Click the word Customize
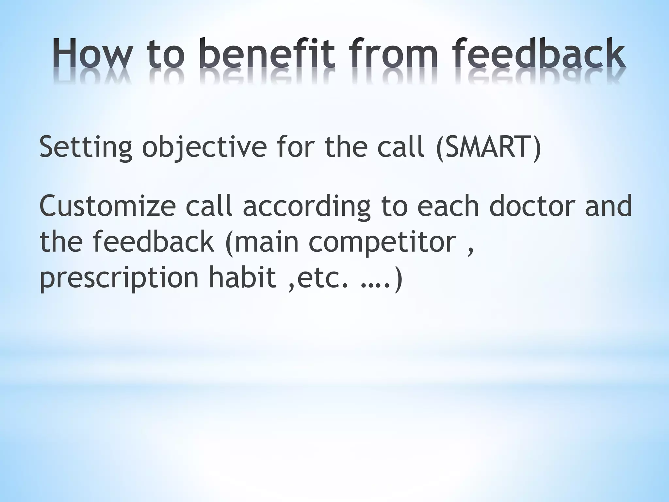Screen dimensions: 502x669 pyautogui.click(x=108, y=207)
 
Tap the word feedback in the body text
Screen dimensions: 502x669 pyautogui.click(x=154, y=242)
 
